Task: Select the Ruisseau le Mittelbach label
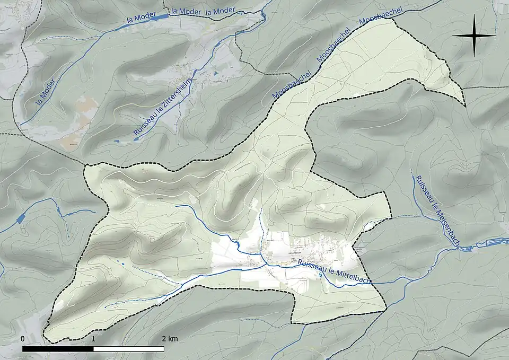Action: tap(334, 271)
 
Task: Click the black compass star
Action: tap(473, 36)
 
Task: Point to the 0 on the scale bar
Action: tap(23, 338)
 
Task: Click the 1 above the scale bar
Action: tap(94, 338)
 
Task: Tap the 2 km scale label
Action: tap(170, 338)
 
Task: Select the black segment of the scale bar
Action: tap(58, 349)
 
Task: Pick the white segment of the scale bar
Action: tap(129, 349)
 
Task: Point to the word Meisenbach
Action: tap(445, 223)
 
